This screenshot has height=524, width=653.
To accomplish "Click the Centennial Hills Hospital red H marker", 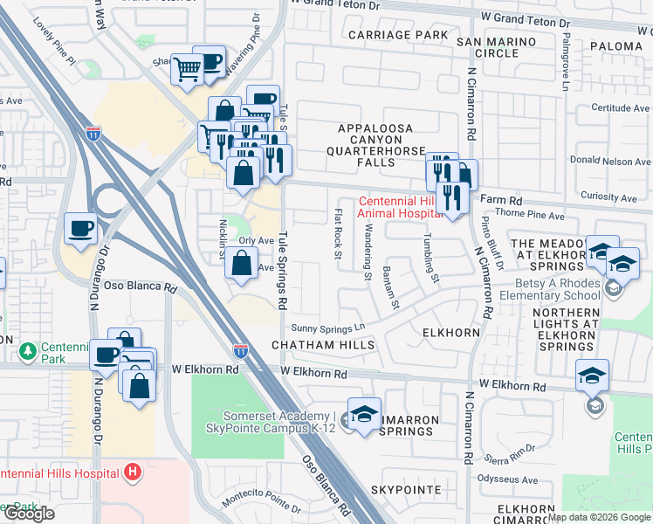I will [133, 472].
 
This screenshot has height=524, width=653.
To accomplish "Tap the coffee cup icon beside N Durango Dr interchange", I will [81, 230].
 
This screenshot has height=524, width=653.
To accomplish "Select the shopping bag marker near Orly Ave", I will [242, 264].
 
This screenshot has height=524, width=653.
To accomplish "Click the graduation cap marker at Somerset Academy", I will [365, 413].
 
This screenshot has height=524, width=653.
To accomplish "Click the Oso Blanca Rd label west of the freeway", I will [141, 286].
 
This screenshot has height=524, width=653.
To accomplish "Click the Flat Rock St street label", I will [338, 233].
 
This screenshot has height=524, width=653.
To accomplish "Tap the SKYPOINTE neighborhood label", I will [406, 490].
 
